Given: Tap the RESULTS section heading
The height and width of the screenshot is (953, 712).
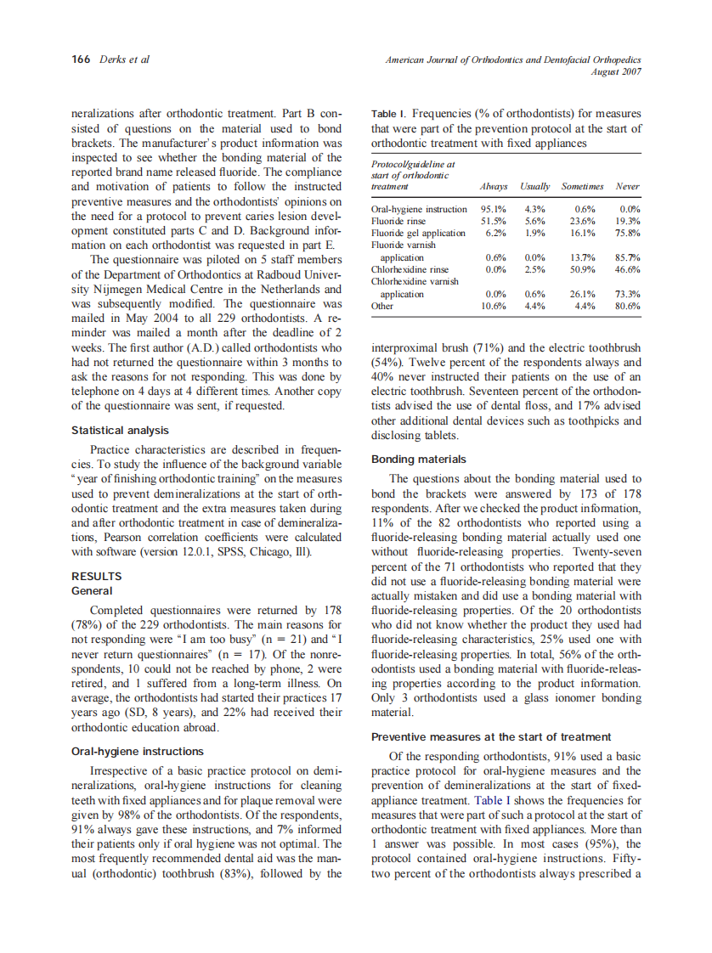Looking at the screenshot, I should tap(96, 576).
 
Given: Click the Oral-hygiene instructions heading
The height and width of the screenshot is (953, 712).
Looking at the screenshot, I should tap(137, 751).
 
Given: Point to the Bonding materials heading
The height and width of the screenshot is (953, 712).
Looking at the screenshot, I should tap(419, 459).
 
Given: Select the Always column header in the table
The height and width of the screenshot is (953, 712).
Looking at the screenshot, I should tap(494, 186).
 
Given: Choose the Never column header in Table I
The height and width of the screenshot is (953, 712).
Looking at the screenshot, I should tap(627, 186).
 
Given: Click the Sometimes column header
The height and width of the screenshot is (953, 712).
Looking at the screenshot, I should tap(582, 186).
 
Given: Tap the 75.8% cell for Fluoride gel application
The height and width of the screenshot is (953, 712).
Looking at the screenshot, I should tap(627, 233).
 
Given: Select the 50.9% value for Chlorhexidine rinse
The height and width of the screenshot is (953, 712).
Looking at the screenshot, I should tap(583, 269).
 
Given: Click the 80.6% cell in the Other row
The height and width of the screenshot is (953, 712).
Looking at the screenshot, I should tap(627, 306).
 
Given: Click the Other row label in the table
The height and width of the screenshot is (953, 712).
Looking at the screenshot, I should tap(383, 306).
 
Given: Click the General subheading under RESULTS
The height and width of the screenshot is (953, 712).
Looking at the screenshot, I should tap(93, 590).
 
